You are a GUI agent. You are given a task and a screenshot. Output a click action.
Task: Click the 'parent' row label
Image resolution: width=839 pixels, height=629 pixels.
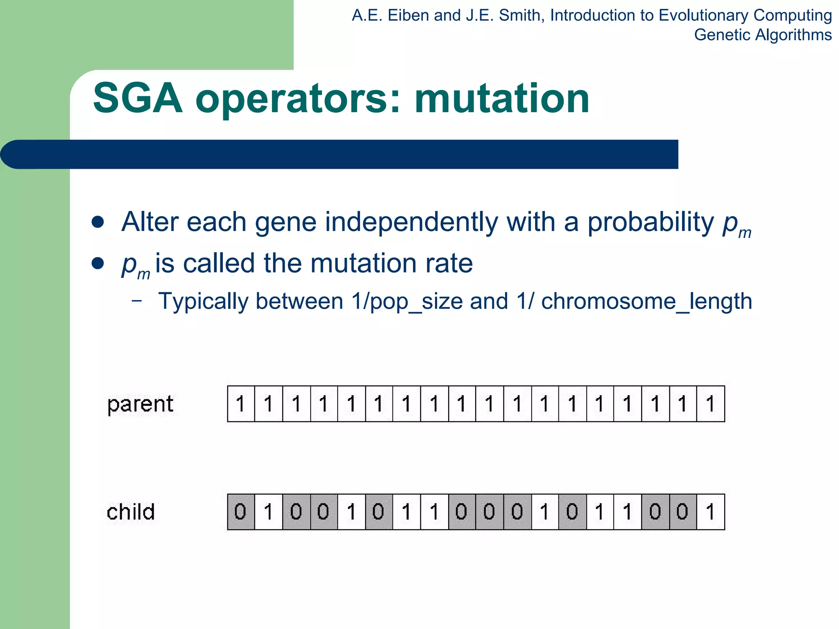pos(140,404)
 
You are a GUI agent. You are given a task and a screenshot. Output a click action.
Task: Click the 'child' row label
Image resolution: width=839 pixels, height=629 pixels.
pos(131,512)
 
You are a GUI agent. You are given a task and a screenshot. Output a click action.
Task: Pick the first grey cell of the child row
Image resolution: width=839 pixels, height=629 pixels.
pos(241,512)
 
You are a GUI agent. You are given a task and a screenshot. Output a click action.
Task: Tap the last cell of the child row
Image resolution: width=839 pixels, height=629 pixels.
pos(710,512)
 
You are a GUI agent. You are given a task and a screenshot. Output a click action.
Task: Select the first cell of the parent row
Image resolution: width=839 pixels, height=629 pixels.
pos(241,404)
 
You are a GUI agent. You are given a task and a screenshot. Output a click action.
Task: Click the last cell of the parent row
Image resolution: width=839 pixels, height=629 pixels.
pos(710,404)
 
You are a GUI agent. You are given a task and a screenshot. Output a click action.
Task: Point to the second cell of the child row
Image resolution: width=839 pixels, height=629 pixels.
pos(268,512)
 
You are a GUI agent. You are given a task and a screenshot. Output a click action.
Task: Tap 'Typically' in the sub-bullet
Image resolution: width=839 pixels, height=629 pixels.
pos(203,302)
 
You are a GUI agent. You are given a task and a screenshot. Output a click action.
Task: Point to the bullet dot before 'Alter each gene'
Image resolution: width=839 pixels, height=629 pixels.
pos(98,222)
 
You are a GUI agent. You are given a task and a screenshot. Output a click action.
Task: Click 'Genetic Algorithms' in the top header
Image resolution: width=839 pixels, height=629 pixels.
pos(762,35)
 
